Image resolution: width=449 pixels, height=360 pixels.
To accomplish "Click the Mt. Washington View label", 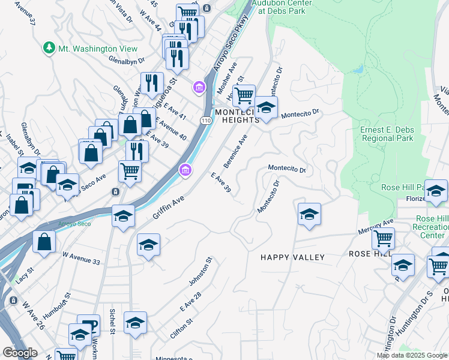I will click(97, 49).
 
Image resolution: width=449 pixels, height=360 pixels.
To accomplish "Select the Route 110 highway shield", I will click(206, 121).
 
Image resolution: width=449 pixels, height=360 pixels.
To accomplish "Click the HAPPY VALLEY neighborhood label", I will click(292, 257).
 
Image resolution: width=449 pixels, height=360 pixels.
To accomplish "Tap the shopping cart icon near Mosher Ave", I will click(243, 95).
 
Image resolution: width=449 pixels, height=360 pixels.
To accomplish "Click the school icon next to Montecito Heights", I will click(266, 107).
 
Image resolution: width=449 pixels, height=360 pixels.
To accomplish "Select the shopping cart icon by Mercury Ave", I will click(382, 238).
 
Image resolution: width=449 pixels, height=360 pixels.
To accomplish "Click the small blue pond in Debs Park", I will click(358, 70).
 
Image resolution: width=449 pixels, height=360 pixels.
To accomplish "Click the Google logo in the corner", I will click(20, 353).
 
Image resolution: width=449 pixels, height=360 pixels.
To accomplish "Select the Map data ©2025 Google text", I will click(412, 355).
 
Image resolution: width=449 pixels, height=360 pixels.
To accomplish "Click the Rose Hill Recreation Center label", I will click(430, 227).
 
